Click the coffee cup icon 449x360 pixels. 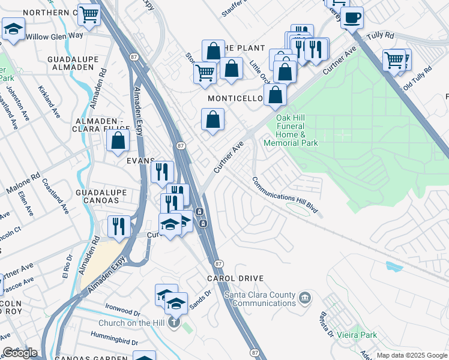pos(352,17)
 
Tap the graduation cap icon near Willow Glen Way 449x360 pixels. pos(13,28)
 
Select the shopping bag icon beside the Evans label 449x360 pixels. pos(118,141)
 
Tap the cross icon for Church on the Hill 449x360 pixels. pos(174,323)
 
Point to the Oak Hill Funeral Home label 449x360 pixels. pos(297,130)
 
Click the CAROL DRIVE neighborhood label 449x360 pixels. pos(235,278)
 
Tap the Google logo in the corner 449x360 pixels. pos(20,353)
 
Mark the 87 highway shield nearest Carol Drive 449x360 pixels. pos(218,263)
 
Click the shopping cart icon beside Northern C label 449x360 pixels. pos(89,14)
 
